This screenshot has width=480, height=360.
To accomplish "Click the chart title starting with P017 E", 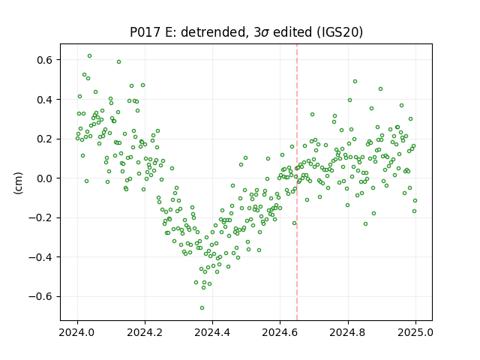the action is tap(247, 32).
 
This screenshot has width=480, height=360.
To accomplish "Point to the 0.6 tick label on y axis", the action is tap(45, 60).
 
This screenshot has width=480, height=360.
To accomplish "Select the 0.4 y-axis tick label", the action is tap(45, 100).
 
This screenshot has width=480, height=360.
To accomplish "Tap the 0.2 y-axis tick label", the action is tap(45, 139).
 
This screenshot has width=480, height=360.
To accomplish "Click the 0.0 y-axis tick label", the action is tap(45, 178).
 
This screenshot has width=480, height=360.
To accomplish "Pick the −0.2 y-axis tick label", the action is tap(40, 217).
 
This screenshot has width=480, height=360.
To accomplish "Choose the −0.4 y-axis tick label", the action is tap(40, 257).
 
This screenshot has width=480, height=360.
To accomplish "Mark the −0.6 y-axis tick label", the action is tap(40, 297).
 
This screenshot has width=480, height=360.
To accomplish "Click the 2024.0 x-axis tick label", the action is tap(77, 332).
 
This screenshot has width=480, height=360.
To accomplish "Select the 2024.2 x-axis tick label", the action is tap(145, 332).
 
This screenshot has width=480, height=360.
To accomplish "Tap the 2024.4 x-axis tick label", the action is tap(212, 332).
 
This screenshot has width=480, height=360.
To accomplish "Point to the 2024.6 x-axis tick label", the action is tap(280, 332).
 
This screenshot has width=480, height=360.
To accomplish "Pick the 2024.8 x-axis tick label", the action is tap(348, 332).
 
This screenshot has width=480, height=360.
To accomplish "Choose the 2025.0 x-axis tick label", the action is tap(415, 332).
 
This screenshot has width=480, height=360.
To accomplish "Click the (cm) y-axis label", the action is tap(18, 183).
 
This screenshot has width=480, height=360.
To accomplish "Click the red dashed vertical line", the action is tap(297, 182).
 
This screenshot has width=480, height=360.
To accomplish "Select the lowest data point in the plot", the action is tap(202, 308).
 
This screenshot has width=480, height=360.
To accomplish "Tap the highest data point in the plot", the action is tap(90, 56).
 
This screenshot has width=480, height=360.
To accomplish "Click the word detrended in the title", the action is tap(215, 32).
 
